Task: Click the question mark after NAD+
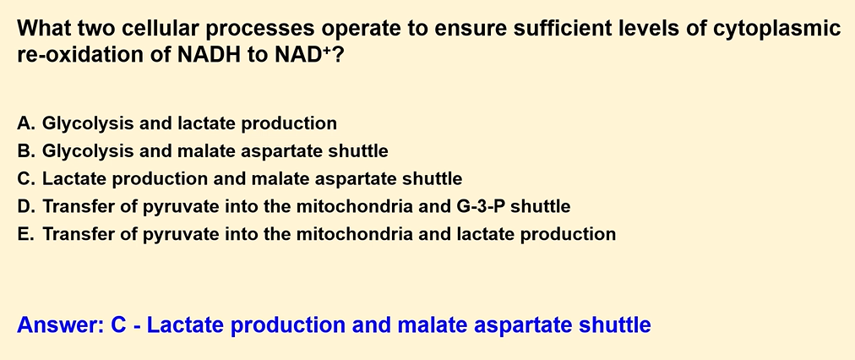pos(337,56)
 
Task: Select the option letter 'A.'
pos(26,123)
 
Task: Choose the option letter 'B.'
pos(26,151)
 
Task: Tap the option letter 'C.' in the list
pos(26,178)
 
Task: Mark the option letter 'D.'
pos(26,207)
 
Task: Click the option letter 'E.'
pos(25,234)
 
